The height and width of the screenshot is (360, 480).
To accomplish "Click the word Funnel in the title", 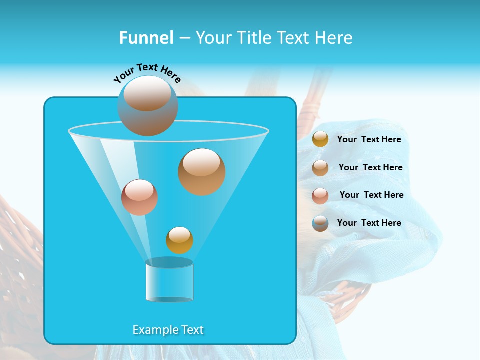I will pos(146,38).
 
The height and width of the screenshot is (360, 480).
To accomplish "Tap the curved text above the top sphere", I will pos(147,73).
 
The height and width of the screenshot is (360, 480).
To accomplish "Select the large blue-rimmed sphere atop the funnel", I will pos(148,106).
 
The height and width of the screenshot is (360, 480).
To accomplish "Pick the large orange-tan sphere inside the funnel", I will pos(201,171).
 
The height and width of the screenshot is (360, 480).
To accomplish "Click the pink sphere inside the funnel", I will pos(139,197).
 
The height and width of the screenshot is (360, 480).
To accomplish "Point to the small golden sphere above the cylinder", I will pos(179,240).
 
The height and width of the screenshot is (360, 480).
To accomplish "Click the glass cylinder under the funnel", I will pos(169,282).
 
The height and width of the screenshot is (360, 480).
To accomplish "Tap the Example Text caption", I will pos(168,330).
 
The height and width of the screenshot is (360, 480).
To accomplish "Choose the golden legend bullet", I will pos(320,139).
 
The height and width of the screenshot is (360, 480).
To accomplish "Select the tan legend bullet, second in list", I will pos(320,167).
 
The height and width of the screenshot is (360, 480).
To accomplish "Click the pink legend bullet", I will pos(320,195).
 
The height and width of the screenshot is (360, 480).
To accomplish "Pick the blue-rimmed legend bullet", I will pos(320,223).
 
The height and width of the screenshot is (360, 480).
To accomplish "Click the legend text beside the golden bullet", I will pos(369,139).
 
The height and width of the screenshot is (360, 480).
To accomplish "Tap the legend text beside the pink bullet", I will pos(371,195).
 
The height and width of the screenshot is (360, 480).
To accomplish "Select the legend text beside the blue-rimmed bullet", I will pos(369,223).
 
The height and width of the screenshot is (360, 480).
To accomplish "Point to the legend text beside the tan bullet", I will pos(370,167).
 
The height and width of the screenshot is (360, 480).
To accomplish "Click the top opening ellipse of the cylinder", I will pos(169,262).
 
